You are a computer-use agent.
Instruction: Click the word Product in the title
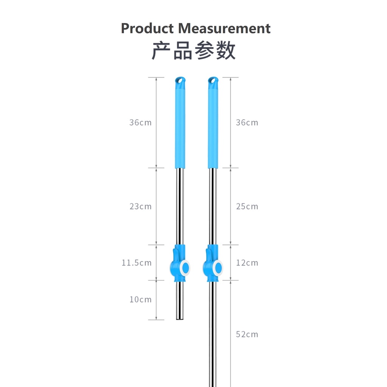tap(147, 28)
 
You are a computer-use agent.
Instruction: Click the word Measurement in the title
tap(224, 28)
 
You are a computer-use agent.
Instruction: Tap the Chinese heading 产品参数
tap(193, 51)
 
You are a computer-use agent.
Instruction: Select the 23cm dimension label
tap(141, 206)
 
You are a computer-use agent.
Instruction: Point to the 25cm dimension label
tap(247, 206)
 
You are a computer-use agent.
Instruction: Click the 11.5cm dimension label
tap(136, 263)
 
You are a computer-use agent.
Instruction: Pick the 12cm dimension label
tap(247, 263)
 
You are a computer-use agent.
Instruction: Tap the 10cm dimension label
tap(141, 299)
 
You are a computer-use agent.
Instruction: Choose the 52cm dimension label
tap(247, 334)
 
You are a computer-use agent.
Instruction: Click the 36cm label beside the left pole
tap(141, 122)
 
